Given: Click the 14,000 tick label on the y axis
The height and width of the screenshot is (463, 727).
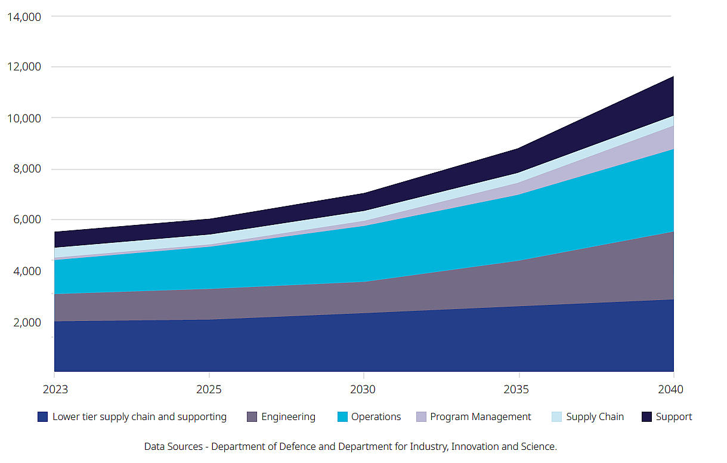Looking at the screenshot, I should [x=24, y=17].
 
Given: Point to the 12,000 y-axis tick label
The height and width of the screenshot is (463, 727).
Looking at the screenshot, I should [x=24, y=67].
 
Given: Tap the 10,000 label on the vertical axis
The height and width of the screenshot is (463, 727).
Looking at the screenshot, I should [x=24, y=118].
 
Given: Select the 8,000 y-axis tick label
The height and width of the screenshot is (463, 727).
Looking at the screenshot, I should [x=27, y=169].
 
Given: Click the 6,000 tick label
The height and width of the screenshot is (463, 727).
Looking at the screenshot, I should [x=27, y=220].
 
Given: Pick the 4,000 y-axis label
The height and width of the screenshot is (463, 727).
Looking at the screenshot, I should [x=27, y=271].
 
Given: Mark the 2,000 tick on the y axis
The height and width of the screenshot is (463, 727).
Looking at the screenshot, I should [x=27, y=323].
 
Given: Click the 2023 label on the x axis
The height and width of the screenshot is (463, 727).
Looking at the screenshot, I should [x=55, y=390].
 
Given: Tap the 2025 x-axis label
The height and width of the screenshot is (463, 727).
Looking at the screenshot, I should [x=209, y=390].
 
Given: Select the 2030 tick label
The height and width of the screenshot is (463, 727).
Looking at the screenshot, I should [x=363, y=390].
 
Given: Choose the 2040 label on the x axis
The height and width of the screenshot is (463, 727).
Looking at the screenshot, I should [x=671, y=390].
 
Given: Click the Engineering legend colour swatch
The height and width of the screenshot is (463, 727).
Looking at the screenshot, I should [x=252, y=417].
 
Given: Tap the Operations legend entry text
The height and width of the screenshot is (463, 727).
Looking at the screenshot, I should [x=376, y=417].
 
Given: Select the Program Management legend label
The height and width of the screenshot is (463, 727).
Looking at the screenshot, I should [x=480, y=417].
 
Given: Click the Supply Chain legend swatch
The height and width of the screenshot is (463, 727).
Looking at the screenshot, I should [x=557, y=417].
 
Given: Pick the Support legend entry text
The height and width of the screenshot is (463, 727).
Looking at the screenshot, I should [x=674, y=417].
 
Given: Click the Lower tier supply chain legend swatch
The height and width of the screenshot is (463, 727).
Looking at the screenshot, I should [x=42, y=417].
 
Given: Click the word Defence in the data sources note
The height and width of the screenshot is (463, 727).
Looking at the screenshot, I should [x=290, y=446].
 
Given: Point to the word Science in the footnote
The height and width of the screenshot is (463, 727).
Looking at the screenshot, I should [x=539, y=446].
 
